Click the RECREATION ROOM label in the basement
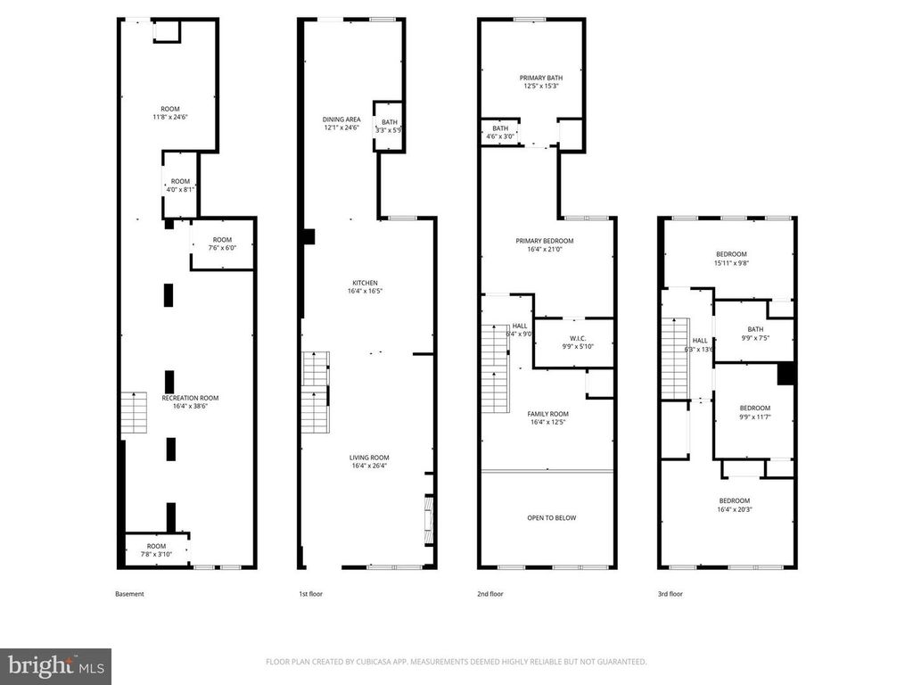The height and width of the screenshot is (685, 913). [190, 398]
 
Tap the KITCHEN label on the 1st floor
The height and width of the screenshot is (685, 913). [369, 283]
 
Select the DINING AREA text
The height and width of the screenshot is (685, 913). [341, 119]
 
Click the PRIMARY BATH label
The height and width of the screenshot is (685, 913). [541, 78]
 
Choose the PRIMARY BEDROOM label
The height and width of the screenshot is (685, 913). [544, 241]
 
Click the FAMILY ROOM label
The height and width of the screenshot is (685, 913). [547, 414]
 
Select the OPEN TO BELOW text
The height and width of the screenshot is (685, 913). [547, 517]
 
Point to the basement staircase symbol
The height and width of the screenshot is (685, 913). [133, 412]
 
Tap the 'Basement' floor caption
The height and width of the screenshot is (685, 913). [129, 594]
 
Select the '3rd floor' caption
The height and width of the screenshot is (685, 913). [670, 594]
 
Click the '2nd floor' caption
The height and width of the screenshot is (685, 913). [490, 594]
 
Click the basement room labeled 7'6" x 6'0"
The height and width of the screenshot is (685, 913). [222, 248]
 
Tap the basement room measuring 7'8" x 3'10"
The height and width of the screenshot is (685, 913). [156, 554]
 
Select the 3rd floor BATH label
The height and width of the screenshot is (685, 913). [755, 328]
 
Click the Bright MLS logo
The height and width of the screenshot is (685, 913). [55, 665]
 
